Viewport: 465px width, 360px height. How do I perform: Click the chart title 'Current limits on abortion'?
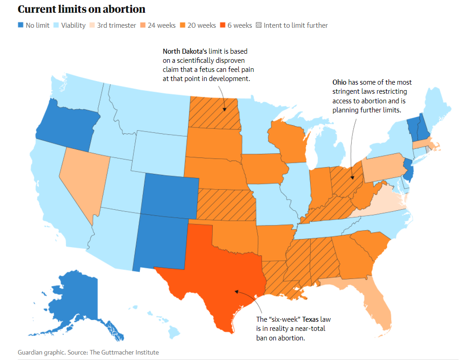click(x=82, y=9)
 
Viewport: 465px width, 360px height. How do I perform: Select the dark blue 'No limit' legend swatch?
click(x=20, y=25)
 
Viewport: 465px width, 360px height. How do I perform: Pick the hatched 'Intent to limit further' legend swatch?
click(x=259, y=25)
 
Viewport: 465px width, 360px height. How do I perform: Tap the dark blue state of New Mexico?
click(x=159, y=241)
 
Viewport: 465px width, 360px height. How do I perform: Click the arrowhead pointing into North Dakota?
click(x=225, y=109)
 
